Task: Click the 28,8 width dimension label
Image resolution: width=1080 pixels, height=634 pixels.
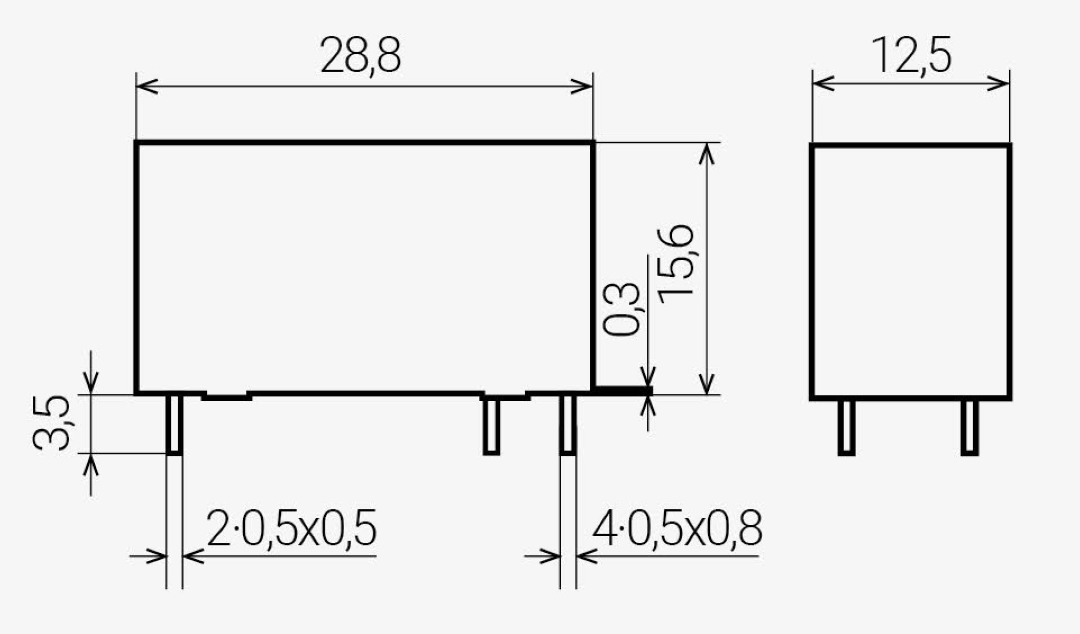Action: point(361,55)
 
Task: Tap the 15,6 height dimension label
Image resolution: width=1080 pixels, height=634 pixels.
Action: point(676,264)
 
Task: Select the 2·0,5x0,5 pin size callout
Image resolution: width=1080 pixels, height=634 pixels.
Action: point(291,527)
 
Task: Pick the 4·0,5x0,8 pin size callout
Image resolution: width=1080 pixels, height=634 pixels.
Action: point(677,527)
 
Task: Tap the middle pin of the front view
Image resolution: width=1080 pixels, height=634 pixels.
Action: point(492,426)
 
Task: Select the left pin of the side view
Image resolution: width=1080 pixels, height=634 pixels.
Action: point(846,427)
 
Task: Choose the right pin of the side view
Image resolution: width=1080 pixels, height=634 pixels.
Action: point(969,427)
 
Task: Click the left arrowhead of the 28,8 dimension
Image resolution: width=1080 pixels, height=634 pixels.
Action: point(146,87)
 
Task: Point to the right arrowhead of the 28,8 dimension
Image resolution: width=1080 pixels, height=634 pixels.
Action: point(583,87)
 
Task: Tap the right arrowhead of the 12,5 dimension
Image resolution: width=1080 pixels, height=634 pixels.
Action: point(999,83)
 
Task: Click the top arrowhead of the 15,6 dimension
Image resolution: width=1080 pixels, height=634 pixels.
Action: point(707,153)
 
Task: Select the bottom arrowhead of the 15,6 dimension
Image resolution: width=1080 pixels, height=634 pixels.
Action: point(707,385)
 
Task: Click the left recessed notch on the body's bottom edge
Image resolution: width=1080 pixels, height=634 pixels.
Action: point(226,396)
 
